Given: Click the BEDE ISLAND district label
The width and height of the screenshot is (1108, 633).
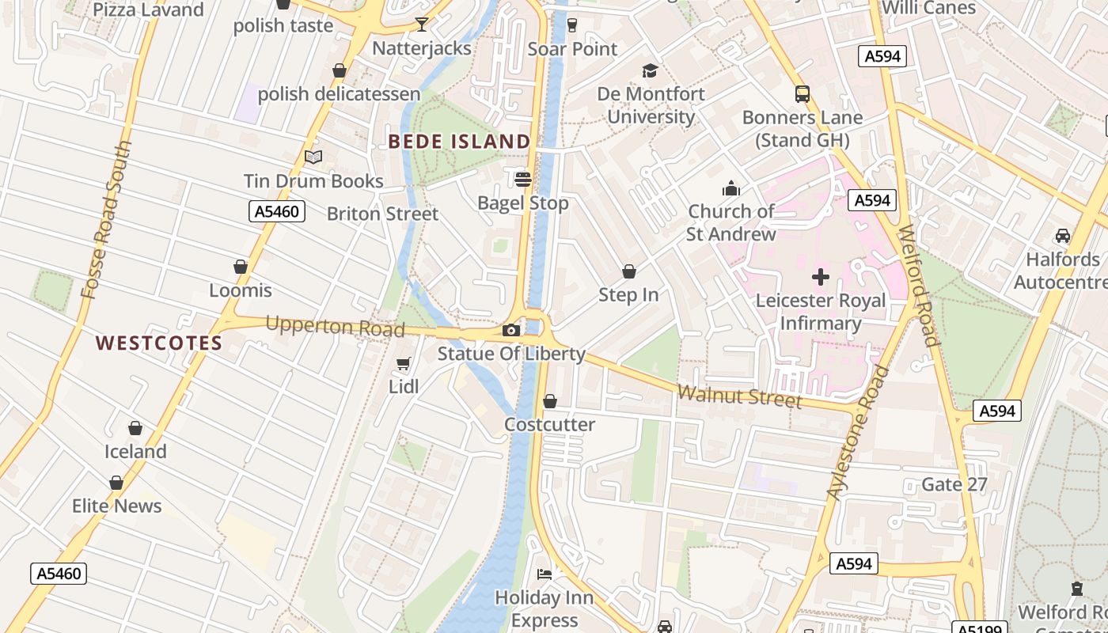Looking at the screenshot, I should pos(459,142).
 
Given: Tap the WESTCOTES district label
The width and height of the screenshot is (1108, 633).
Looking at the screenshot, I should pos(159,343).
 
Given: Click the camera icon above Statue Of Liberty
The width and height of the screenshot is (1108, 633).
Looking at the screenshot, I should pos(511,330).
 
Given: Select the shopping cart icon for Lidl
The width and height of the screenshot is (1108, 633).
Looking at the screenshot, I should pos(404,363).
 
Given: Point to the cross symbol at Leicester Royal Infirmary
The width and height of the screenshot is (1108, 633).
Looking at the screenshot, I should pos(821,277).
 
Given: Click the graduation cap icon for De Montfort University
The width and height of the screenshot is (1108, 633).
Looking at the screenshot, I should pos(650,70).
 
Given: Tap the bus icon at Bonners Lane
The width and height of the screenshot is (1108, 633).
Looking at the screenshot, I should pos(803,94).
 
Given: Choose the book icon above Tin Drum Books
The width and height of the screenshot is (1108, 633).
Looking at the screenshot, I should pos(313,157).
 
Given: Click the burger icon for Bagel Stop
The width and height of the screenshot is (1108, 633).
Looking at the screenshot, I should pos(522,180).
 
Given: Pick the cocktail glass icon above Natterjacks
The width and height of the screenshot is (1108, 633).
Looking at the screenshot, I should pos(422,25).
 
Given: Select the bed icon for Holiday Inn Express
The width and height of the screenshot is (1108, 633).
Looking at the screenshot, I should pos(545,574).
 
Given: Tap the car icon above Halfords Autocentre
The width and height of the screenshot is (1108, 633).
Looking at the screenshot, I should pos(1062,236).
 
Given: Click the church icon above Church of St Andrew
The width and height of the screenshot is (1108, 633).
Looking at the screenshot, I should pos(730,188).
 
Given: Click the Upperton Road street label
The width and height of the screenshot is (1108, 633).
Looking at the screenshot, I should pos(335,326).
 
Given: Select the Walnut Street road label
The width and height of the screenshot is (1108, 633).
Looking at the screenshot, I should pos(739,396).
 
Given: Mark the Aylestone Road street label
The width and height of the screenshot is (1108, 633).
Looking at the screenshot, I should pos(859,433).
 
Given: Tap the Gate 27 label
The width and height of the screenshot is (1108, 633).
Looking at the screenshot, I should pos(954,484).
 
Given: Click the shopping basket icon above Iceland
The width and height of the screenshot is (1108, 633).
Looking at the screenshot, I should pos(135,428).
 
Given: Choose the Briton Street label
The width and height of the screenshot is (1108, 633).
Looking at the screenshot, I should pos(382,214).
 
